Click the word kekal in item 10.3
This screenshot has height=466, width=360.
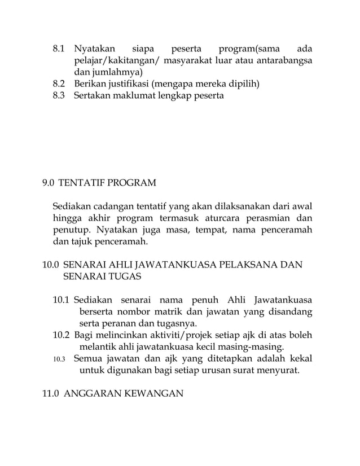pyautogui.click(x=301, y=359)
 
